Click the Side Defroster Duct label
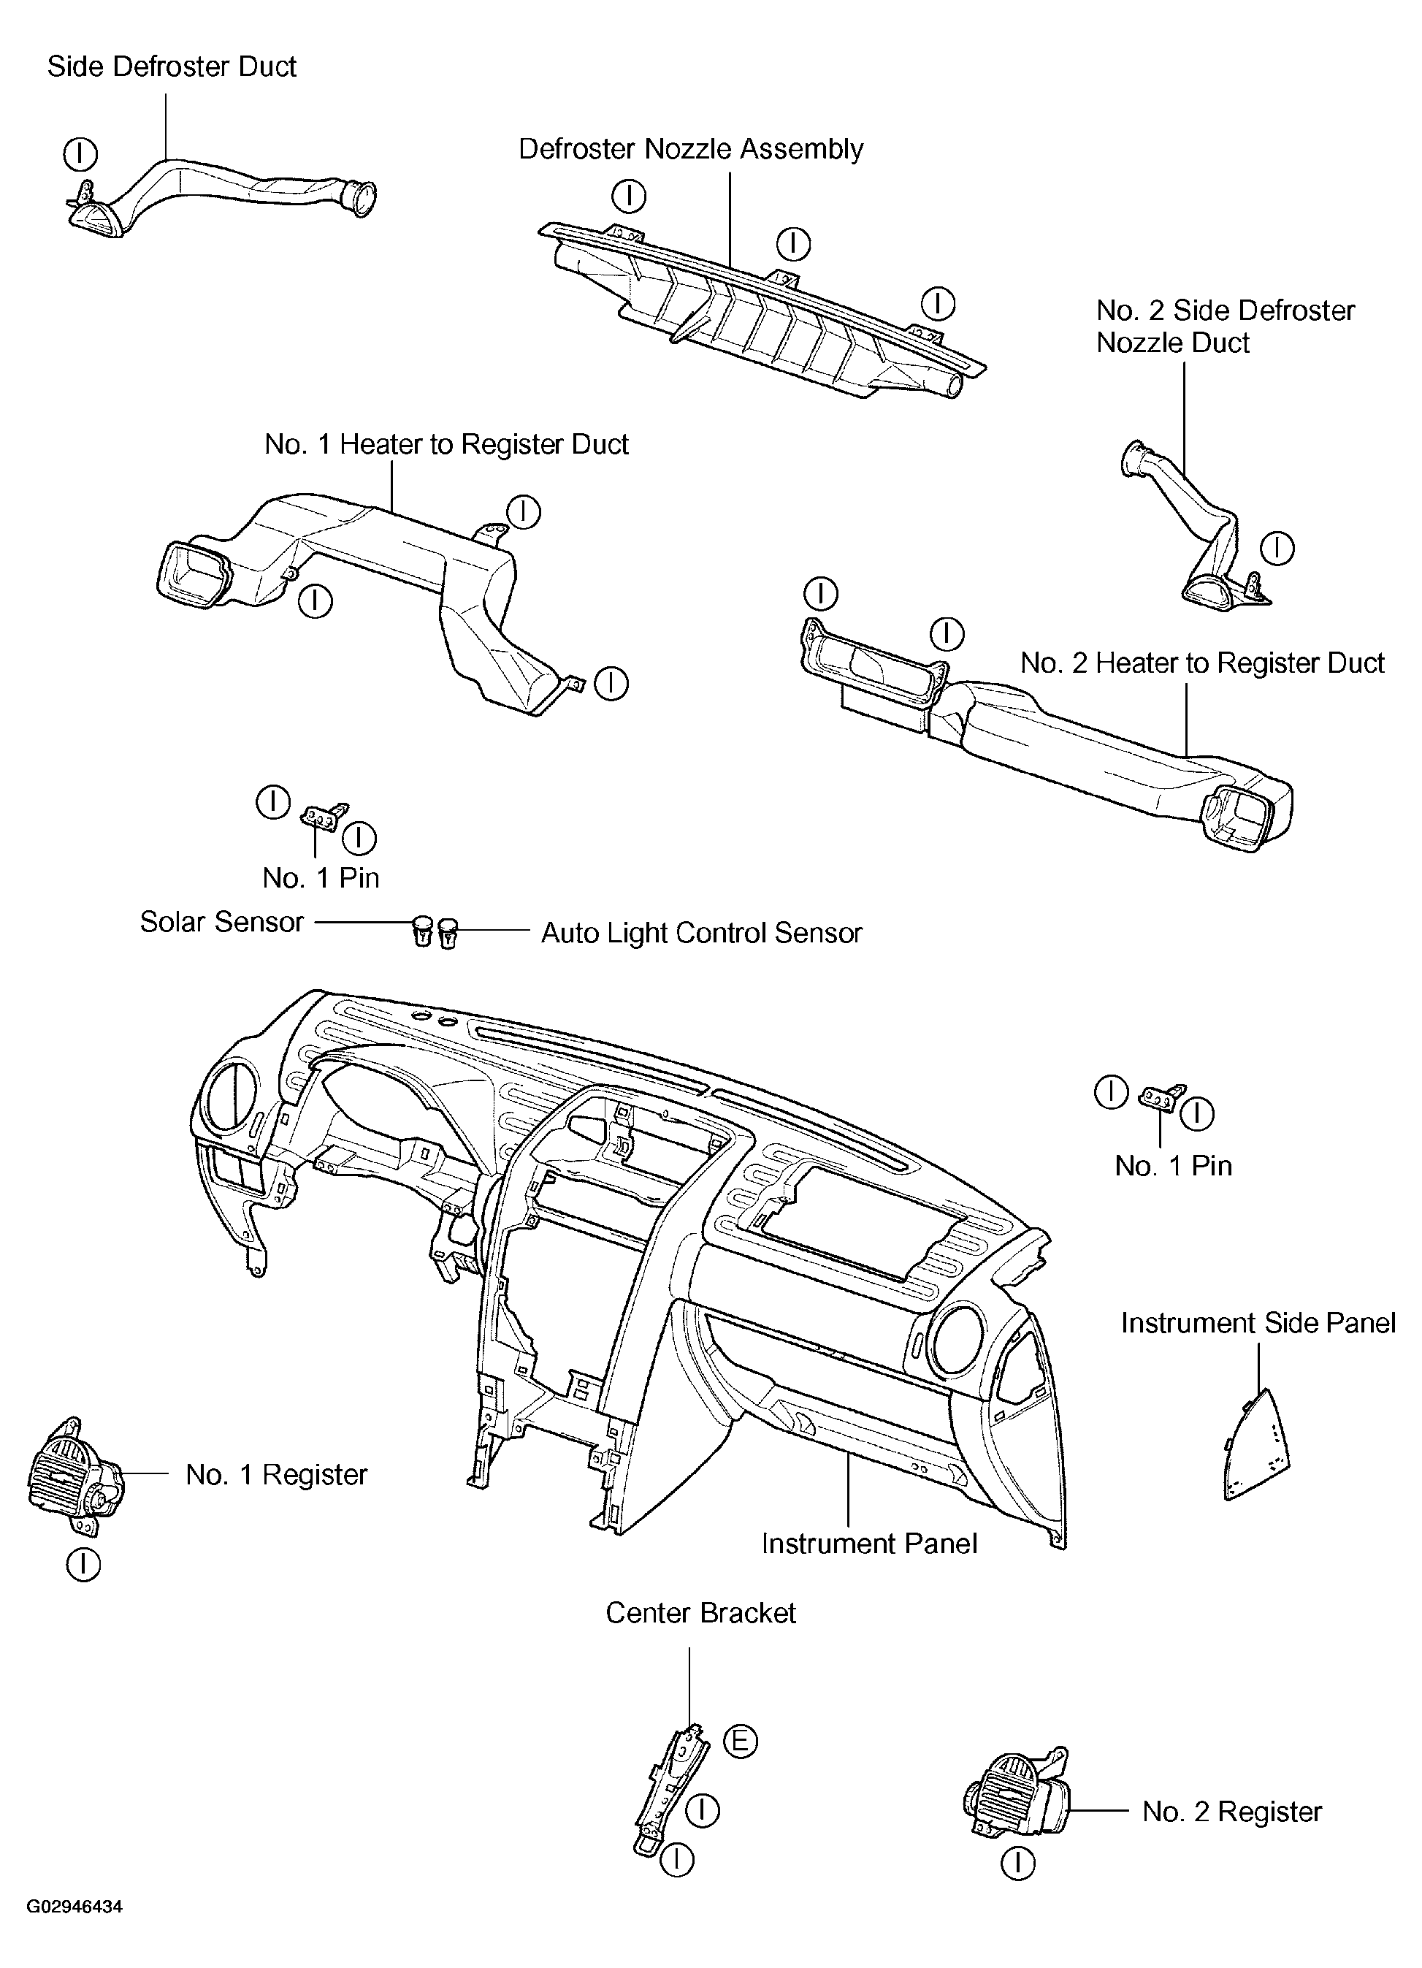(x=171, y=66)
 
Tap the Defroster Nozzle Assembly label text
(x=691, y=149)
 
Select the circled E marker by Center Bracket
(x=740, y=1741)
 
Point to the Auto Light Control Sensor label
(x=701, y=933)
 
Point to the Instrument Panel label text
(x=868, y=1544)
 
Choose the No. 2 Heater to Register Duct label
(x=1201, y=663)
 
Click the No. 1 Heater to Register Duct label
(x=446, y=444)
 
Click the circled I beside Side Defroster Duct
(x=80, y=154)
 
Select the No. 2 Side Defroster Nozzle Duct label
(x=1224, y=327)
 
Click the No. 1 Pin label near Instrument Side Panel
(x=1173, y=1165)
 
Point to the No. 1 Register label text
(x=276, y=1474)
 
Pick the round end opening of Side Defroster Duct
(x=359, y=196)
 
